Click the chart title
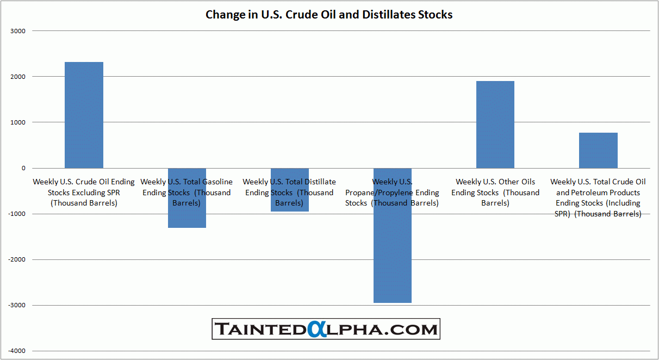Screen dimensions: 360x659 pos(329,15)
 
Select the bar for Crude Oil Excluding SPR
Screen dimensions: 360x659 pos(84,115)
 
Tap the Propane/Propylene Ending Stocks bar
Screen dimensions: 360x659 pos(393,256)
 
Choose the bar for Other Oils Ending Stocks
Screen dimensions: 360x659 pos(495,125)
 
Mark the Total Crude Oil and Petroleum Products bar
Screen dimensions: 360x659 pos(598,150)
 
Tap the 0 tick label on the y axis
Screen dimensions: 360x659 pos(23,168)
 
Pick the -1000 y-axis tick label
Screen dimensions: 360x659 pos(17,214)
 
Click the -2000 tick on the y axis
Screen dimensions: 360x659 pos(17,259)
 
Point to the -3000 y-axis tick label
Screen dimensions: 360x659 pos(17,305)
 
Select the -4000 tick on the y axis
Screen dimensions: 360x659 pos(17,351)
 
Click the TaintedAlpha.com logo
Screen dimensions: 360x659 pos(326,329)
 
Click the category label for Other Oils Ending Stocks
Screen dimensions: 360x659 pos(495,193)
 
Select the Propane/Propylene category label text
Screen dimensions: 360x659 pos(392,193)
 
